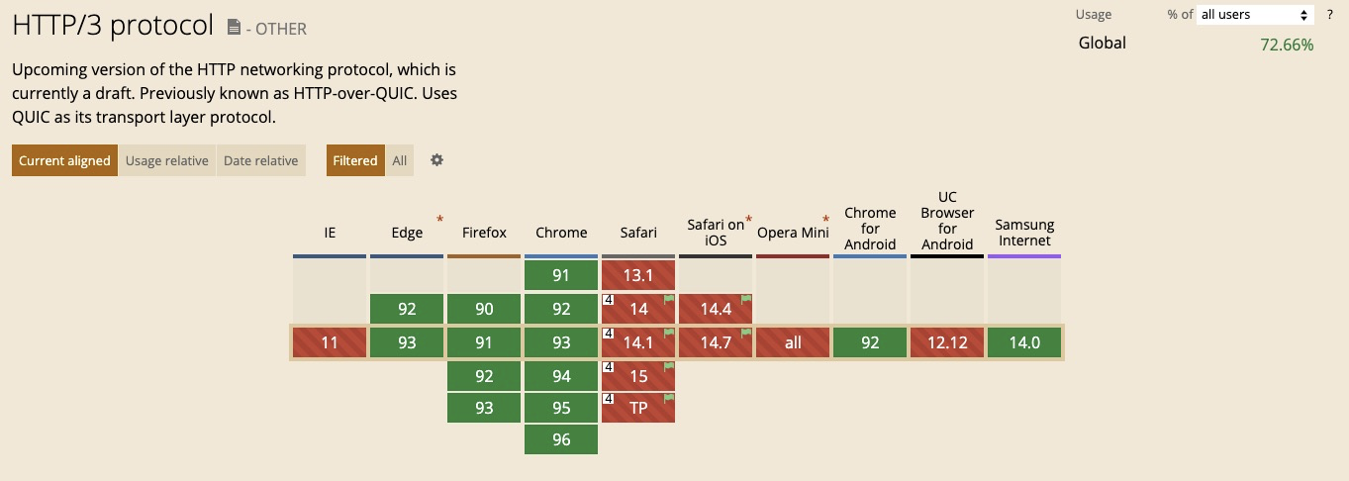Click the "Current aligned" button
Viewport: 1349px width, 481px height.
point(64,160)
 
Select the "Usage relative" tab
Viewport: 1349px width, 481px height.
point(166,160)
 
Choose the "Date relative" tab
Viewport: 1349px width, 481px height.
point(260,160)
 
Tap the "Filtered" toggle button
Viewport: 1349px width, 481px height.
point(355,160)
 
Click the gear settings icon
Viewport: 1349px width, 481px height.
point(436,159)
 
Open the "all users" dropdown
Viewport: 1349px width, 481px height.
point(1255,15)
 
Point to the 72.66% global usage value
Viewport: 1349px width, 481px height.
point(1287,45)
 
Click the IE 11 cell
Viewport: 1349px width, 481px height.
point(330,342)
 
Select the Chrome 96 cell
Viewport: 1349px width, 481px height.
point(561,439)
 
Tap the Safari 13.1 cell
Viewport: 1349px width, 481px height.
point(638,275)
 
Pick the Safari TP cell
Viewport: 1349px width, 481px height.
point(638,407)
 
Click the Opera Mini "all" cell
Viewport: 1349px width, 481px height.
point(793,342)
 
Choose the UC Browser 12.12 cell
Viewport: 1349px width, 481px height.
point(947,342)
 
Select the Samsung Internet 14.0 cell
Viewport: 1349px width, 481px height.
point(1024,342)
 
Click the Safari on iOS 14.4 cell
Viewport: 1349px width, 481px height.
point(716,309)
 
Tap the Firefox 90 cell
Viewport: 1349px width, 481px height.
point(484,309)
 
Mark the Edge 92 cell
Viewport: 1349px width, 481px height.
point(407,309)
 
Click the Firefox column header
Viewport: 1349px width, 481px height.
point(484,233)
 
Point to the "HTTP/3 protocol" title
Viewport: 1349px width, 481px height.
point(113,26)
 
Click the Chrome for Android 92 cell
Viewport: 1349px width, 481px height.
point(870,342)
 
